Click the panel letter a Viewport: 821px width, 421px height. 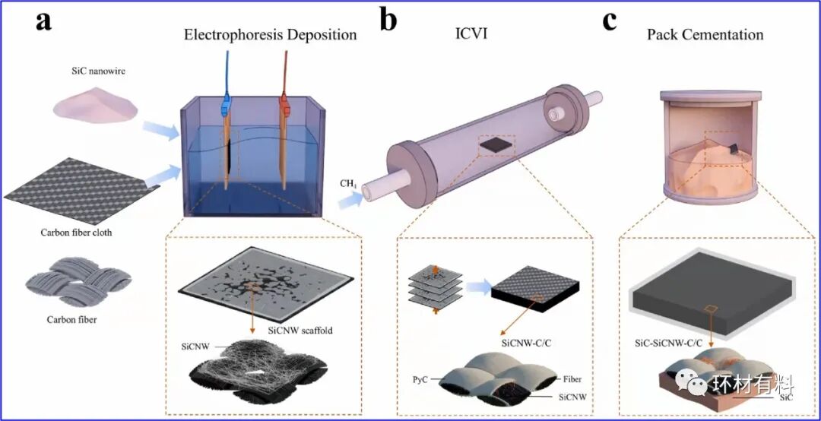tap(44, 21)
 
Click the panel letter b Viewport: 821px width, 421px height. tap(388, 21)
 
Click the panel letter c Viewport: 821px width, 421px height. tap(609, 21)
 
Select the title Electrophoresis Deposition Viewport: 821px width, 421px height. tap(271, 35)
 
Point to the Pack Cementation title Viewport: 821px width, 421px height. tap(705, 35)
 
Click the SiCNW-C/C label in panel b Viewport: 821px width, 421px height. tap(528, 342)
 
